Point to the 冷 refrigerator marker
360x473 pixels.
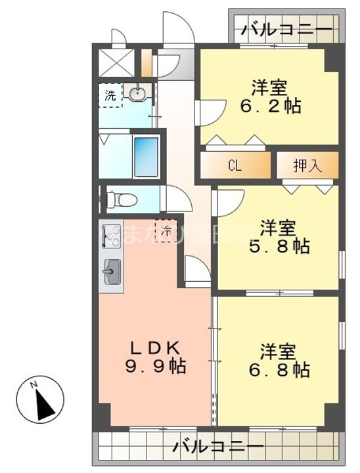tap(166, 231)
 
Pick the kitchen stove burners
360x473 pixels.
tap(110, 236)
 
